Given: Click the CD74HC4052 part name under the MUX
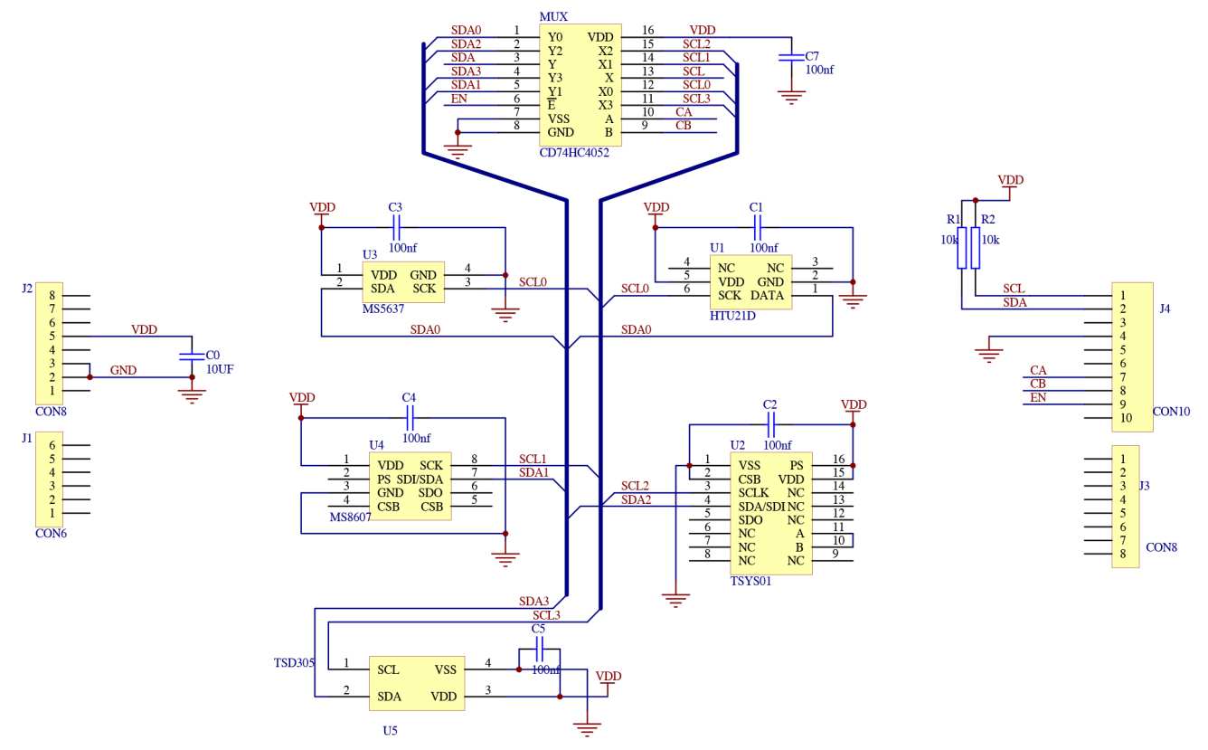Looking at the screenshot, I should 573,153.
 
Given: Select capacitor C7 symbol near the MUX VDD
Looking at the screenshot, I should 791,57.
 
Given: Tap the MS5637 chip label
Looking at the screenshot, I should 383,309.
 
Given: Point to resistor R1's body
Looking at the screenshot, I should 962,248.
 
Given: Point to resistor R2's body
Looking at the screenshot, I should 976,248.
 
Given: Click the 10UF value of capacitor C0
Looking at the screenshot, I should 220,369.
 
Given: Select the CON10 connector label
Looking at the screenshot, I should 1172,411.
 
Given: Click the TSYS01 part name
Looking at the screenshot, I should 750,582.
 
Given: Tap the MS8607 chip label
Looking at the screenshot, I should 352,517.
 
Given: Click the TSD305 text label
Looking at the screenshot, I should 294,662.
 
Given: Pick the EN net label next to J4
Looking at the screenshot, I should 1038,397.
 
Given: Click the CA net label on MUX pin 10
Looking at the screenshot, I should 684,111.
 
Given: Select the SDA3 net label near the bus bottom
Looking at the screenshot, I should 533,601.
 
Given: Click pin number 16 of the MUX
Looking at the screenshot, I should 647,31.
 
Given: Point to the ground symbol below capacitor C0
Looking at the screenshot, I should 192,394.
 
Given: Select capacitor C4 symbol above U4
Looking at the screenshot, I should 409,417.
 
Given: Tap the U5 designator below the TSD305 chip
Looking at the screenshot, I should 390,729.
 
